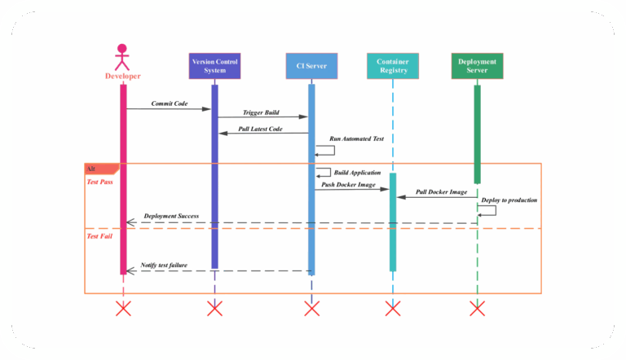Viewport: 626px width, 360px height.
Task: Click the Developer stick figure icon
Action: [122, 56]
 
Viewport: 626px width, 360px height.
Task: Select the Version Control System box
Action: [214, 65]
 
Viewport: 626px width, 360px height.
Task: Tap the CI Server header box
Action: [311, 65]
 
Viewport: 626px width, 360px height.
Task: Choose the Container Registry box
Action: [392, 65]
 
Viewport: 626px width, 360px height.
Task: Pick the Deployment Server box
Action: [477, 65]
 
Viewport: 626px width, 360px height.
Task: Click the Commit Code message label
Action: [169, 103]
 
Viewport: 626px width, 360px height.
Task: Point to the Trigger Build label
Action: [261, 112]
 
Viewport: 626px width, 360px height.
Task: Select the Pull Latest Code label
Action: [260, 130]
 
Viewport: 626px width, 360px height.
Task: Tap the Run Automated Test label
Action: [356, 139]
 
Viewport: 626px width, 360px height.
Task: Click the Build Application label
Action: [357, 173]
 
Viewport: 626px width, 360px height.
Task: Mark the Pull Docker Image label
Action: [441, 192]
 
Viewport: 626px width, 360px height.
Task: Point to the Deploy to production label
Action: [509, 200]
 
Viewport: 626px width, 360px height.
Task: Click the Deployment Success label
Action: [171, 217]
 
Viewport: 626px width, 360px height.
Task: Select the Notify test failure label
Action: [164, 266]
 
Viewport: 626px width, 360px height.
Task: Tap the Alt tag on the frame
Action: [91, 168]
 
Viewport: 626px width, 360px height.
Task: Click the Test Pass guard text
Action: [99, 182]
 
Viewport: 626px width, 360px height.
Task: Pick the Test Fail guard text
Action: [99, 235]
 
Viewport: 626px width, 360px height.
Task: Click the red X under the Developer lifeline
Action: [123, 308]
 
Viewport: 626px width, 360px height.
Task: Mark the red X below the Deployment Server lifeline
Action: [477, 308]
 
